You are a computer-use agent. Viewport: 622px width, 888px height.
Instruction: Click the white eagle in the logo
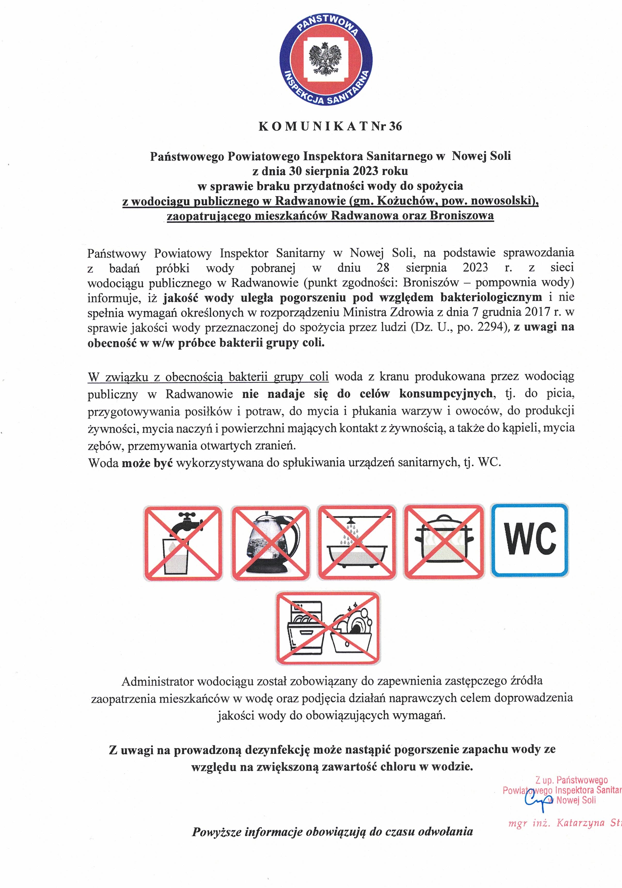coord(326,59)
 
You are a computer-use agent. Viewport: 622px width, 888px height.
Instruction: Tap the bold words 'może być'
coord(147,462)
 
